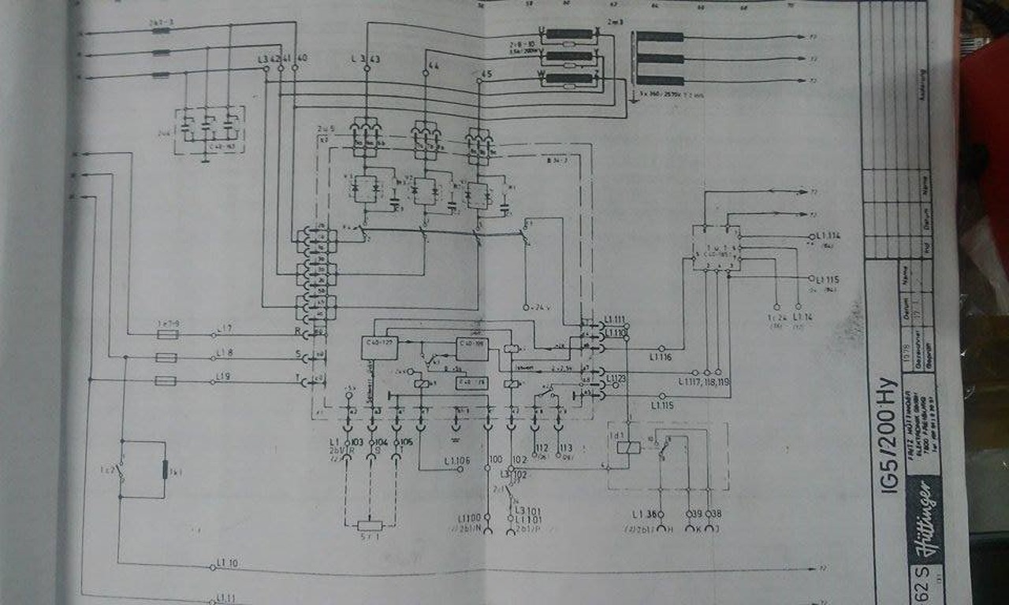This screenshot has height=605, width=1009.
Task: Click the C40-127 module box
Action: click(x=380, y=347)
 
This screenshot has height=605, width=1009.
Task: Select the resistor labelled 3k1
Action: click(x=166, y=470)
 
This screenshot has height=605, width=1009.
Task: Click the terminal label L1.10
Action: click(x=227, y=564)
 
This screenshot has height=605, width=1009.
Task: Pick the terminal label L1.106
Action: click(x=457, y=461)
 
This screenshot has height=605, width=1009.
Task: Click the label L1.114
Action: click(x=828, y=236)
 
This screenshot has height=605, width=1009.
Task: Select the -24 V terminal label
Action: click(x=536, y=306)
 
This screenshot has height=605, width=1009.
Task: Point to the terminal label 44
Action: click(x=432, y=65)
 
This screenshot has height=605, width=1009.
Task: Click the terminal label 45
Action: click(x=486, y=76)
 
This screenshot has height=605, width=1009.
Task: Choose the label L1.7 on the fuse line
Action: click(x=224, y=328)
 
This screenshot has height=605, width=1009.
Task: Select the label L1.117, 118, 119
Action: click(x=706, y=383)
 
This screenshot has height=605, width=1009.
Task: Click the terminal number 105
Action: click(x=406, y=444)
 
